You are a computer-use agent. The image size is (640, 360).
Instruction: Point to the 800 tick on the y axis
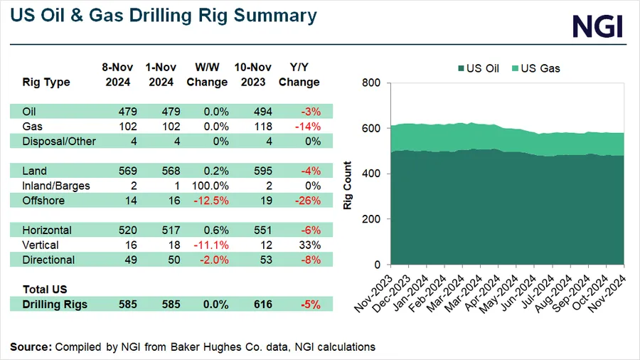373,83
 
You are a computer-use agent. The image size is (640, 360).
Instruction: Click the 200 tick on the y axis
373,219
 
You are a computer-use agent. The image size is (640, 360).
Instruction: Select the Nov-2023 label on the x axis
374,288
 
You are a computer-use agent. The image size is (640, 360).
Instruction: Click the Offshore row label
43,201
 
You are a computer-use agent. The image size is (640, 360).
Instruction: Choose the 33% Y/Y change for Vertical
310,245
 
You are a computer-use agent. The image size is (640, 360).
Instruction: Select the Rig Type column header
46,82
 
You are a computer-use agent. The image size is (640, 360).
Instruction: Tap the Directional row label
48,260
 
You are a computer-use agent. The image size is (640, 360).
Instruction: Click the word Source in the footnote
29,346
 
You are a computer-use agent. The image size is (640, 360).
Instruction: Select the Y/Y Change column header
299,75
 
